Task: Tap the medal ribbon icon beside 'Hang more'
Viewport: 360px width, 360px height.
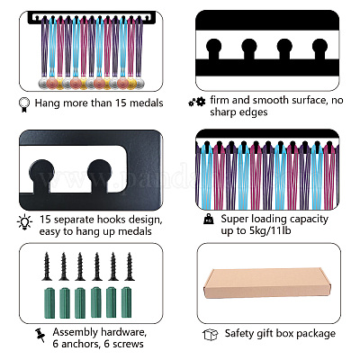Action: [x=24, y=105]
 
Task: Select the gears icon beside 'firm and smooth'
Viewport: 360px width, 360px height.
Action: [x=197, y=102]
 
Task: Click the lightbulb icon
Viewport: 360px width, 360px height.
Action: [x=24, y=222]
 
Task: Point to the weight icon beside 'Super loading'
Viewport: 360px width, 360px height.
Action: [x=209, y=219]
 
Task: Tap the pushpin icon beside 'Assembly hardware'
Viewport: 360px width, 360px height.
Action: [x=40, y=336]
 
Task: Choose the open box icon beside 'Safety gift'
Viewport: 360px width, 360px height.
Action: [x=210, y=335]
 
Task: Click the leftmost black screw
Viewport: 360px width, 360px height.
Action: [x=47, y=266]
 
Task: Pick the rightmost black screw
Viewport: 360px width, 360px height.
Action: [x=130, y=266]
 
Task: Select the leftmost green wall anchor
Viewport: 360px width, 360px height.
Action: [x=49, y=302]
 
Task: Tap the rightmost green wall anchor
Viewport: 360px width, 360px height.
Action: [x=126, y=302]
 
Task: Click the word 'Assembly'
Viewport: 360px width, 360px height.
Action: [x=76, y=333]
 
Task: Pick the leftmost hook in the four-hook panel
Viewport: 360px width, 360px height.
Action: [x=214, y=49]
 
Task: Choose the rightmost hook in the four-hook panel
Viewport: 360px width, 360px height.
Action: [x=319, y=49]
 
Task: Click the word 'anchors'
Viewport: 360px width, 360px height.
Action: [x=79, y=344]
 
